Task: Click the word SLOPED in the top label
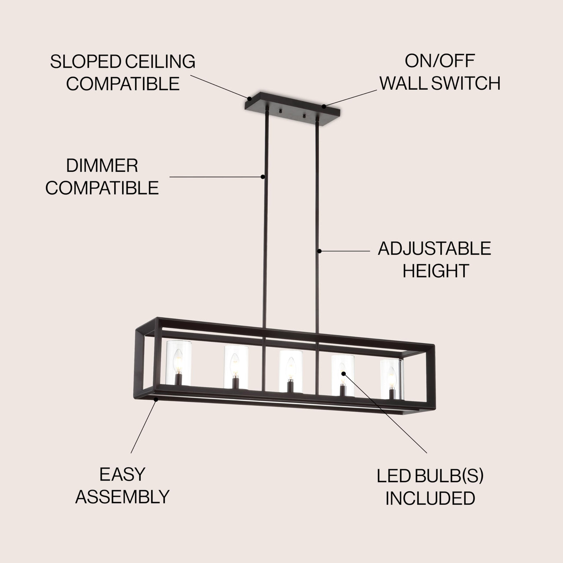86,62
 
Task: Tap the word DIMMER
102,166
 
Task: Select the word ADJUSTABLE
434,249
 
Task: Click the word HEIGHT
436,271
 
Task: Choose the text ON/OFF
440,61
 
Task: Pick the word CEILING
160,62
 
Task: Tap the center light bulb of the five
290,368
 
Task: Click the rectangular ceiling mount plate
292,109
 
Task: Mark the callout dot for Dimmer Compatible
263,177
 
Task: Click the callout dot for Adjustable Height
319,251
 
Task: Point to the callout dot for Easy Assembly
156,399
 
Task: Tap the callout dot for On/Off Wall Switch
324,106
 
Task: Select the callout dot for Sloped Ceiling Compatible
249,99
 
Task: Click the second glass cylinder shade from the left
236,367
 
